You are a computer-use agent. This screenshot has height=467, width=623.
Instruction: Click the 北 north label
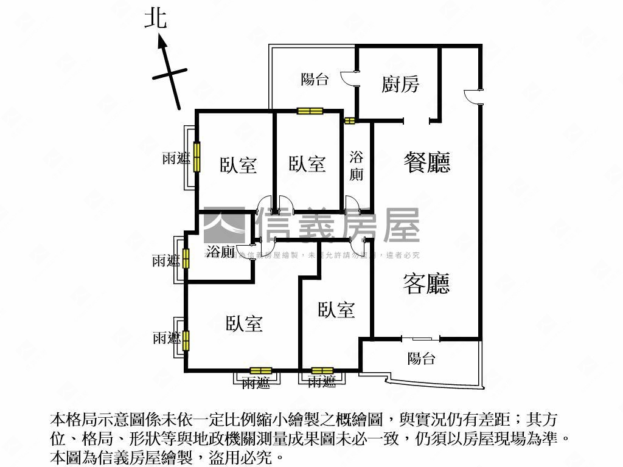coord(155,18)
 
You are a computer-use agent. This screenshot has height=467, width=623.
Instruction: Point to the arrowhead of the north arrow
coord(162,40)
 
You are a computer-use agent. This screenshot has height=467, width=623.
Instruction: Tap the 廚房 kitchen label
coord(400,84)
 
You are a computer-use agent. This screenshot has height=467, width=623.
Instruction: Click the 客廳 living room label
coord(426,283)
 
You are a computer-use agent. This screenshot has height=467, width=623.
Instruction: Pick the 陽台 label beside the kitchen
coord(315,79)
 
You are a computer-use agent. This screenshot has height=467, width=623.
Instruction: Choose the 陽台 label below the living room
coord(421,358)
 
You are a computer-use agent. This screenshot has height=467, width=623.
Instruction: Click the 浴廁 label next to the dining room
coord(356,165)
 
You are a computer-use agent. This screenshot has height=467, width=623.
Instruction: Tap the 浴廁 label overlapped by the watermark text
coord(220,251)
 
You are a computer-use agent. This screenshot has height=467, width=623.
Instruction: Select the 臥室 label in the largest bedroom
coord(244,323)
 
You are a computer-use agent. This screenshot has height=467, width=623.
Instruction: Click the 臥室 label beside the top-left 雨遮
coord(238,165)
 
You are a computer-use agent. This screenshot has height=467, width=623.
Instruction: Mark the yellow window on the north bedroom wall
coord(309,111)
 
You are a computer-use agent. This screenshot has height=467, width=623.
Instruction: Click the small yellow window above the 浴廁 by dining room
coord(349,120)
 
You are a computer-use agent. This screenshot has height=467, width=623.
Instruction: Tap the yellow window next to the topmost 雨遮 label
coord(197,157)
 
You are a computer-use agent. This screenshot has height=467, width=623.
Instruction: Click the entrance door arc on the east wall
coord(473,97)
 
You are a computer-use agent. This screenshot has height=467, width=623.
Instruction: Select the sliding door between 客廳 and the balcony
coord(417,338)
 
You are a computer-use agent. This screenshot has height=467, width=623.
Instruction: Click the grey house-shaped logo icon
coord(223,225)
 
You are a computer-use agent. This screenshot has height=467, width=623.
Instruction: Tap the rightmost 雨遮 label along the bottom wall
coord(322,382)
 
